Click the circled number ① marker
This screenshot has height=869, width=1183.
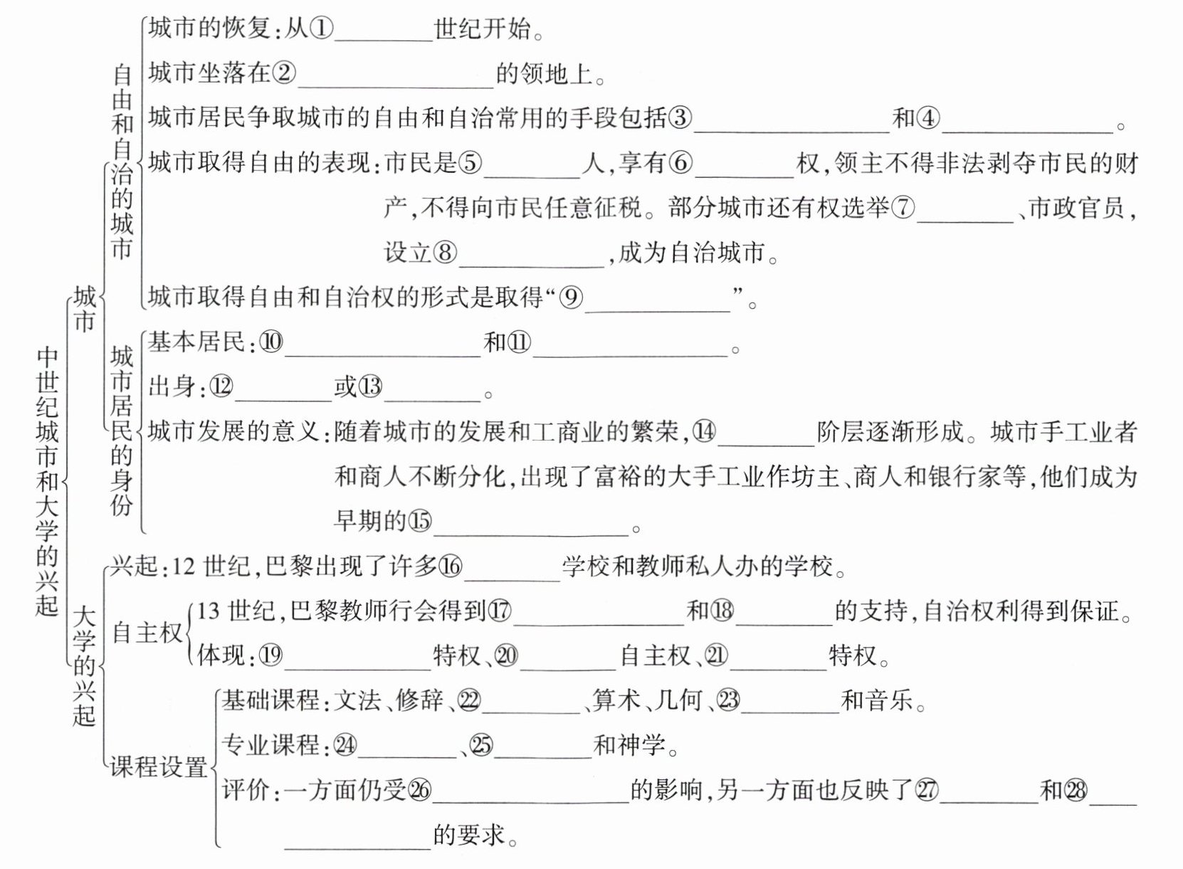[321, 29]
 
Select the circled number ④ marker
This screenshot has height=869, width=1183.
[928, 118]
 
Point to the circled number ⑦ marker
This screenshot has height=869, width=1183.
[903, 208]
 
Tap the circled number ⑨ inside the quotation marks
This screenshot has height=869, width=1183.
[571, 297]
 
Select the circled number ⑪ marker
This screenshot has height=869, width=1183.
[519, 343]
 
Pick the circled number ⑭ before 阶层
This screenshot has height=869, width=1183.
[704, 432]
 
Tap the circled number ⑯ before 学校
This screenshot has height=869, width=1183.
[450, 567]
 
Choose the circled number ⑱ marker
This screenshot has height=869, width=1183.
[722, 611]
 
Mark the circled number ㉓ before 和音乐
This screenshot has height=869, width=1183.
[728, 700]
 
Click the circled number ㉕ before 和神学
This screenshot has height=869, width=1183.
[481, 745]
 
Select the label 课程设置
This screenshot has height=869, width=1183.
[159, 767]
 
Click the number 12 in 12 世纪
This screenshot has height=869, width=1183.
[184, 567]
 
